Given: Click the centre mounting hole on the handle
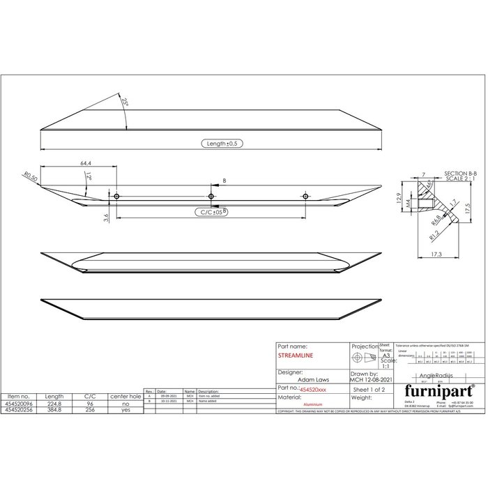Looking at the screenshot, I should click(x=211, y=196).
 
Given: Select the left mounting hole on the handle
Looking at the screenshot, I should click(x=117, y=196).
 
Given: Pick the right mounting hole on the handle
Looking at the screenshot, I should click(x=305, y=196).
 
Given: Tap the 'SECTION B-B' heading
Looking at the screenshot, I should click(x=460, y=172).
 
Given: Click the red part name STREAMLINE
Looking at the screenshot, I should click(x=296, y=354).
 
